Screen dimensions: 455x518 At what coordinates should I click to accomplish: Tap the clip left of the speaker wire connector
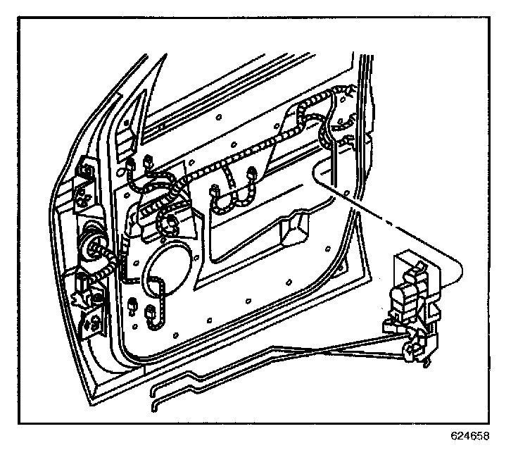[x=132, y=306]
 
